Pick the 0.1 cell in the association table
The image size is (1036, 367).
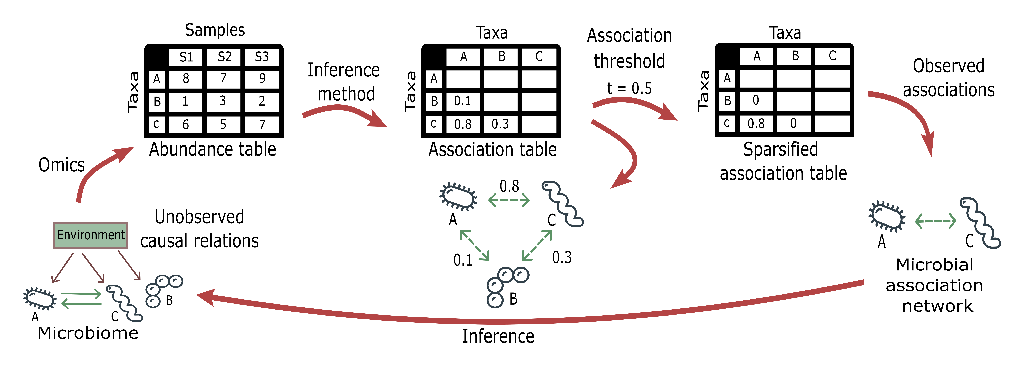462,101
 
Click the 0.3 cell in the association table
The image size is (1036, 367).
500,124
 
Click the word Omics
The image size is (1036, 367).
62,165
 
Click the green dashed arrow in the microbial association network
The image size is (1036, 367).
935,221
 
